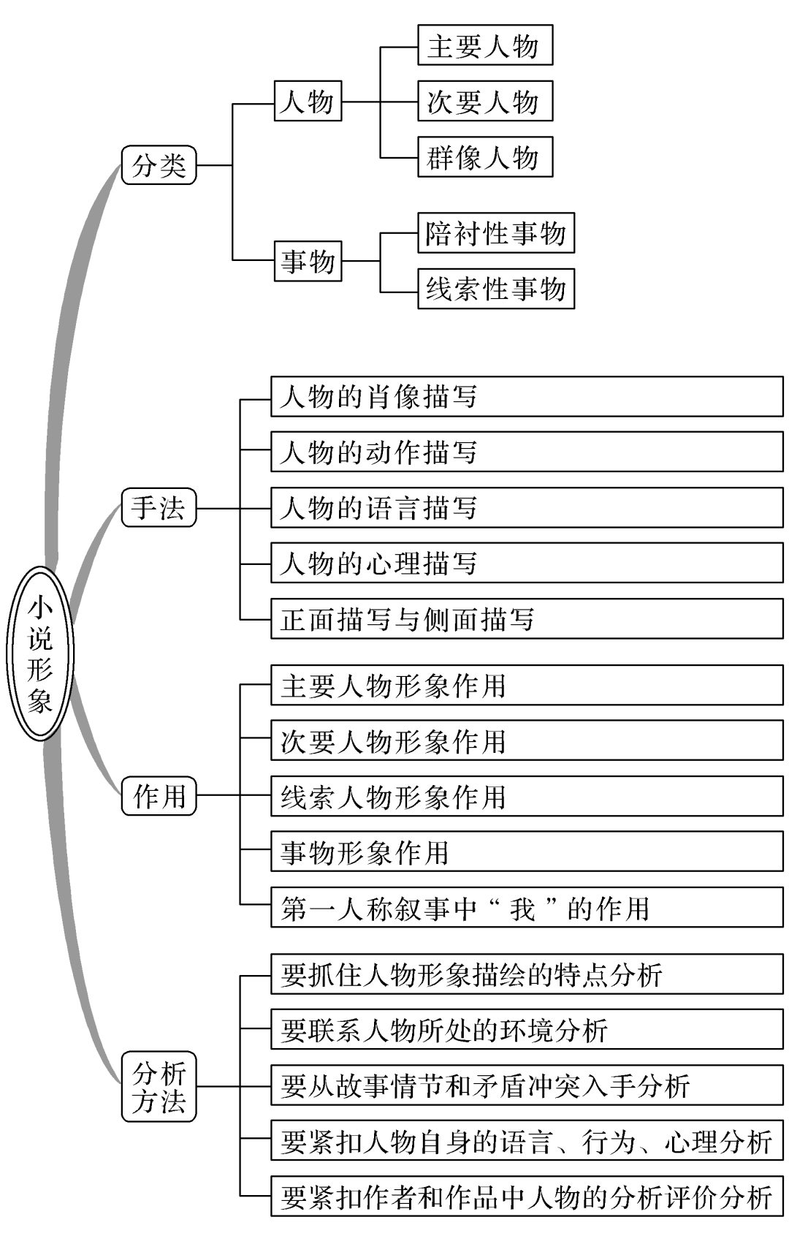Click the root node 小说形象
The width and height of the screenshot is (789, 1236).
[40, 653]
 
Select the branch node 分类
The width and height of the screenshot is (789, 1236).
[159, 164]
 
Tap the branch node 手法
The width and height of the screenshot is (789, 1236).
[159, 507]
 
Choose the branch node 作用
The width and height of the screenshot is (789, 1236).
[159, 795]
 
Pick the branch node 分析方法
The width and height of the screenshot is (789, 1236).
[159, 1086]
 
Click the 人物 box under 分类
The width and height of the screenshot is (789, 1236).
[308, 101]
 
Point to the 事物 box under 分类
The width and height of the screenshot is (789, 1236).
[308, 261]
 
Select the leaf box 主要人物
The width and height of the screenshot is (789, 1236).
[484, 45]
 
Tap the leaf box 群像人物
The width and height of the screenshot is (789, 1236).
[484, 156]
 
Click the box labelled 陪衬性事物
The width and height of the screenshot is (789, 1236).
[495, 233]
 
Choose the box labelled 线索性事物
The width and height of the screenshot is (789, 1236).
[495, 289]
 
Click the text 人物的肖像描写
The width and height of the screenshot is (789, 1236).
[378, 397]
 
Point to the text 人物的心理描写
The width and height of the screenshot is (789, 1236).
[378, 564]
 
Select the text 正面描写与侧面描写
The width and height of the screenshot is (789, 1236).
[407, 619]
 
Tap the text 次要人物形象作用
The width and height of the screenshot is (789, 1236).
[393, 741]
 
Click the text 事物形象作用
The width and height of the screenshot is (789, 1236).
[365, 852]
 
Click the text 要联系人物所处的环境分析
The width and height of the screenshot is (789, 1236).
[443, 1031]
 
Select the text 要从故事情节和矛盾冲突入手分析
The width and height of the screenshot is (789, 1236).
[485, 1086]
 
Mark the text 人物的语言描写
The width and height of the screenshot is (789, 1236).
[378, 508]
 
